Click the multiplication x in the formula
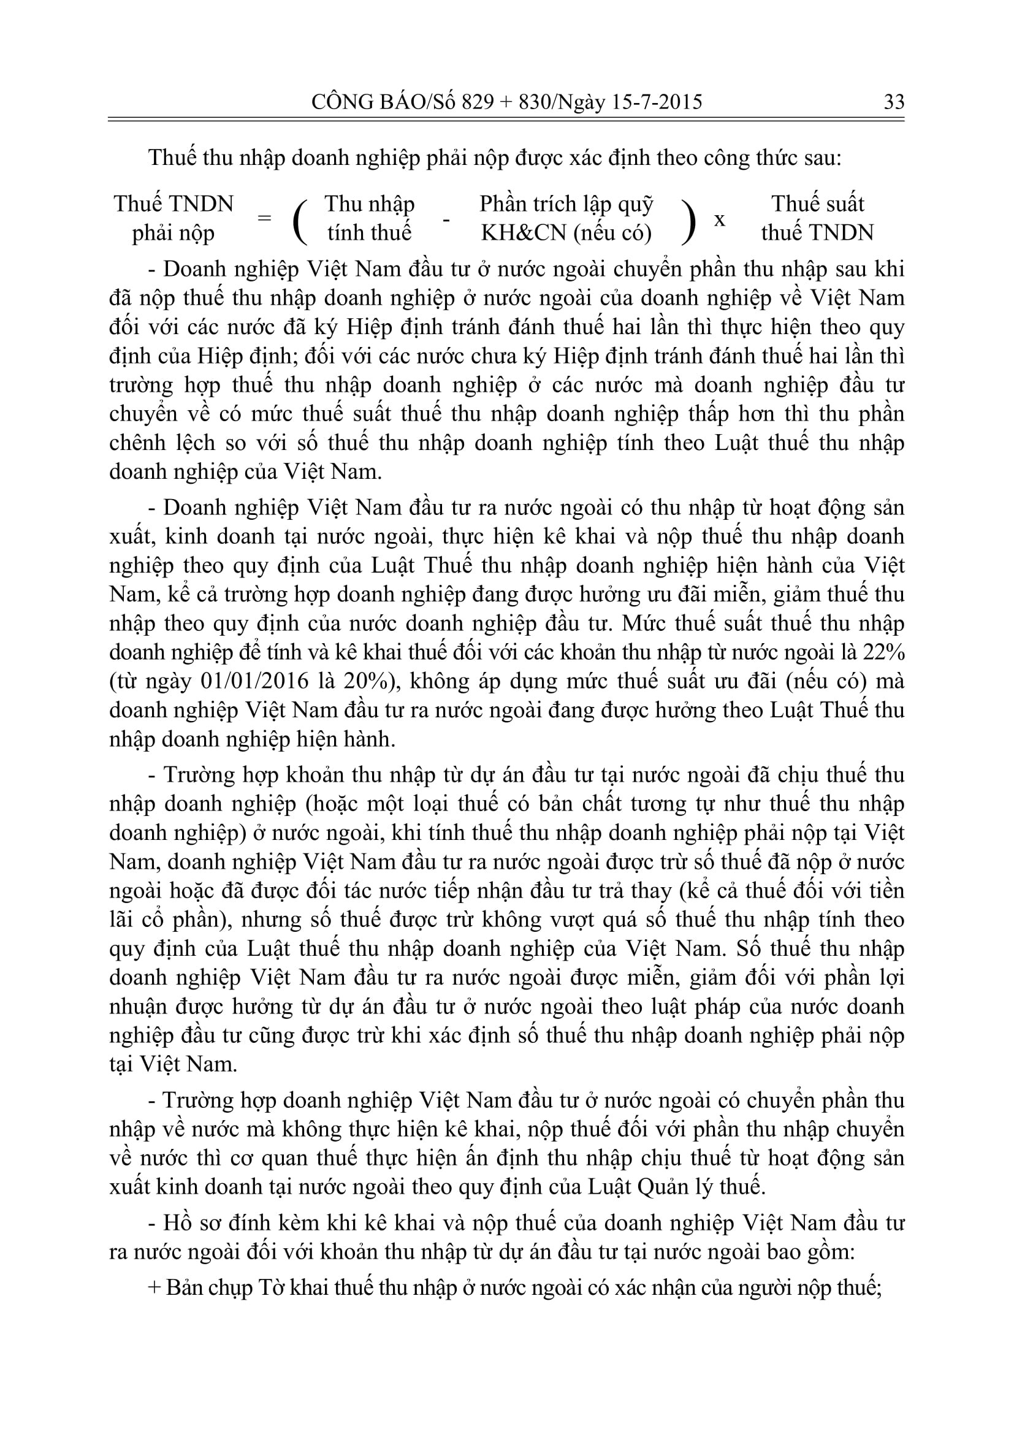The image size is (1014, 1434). [719, 220]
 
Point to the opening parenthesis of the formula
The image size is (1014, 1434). [300, 220]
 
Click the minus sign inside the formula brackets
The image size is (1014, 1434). [446, 220]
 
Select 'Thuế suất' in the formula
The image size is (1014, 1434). [817, 204]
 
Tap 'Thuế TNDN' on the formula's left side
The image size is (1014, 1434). [173, 204]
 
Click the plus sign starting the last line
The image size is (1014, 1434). [154, 1288]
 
